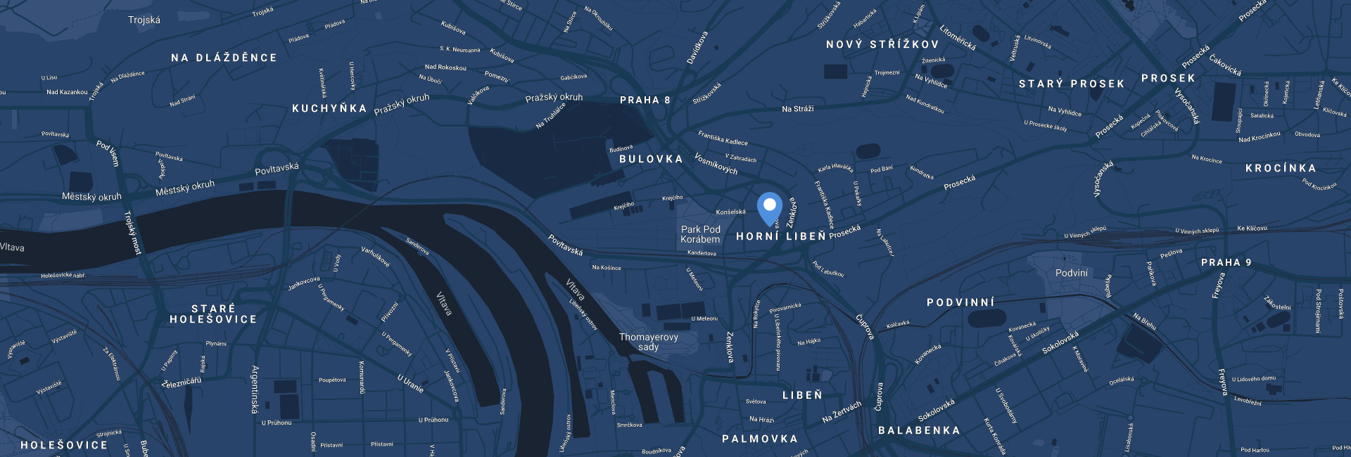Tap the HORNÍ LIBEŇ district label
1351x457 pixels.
tap(780, 237)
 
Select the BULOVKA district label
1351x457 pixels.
tap(651, 160)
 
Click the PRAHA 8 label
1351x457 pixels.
tap(645, 101)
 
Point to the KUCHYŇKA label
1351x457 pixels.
tap(329, 109)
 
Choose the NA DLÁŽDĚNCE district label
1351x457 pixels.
tap(224, 58)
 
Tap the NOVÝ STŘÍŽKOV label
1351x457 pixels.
tap(882, 45)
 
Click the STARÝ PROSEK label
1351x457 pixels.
tap(1071, 84)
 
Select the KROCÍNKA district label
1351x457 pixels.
tap(1280, 169)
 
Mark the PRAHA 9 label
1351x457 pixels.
tap(1226, 263)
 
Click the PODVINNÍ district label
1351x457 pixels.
tap(960, 303)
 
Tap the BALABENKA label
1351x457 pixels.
tap(919, 430)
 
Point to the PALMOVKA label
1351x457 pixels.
tap(759, 439)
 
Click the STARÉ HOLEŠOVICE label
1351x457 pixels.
tap(213, 314)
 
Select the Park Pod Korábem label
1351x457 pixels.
tap(700, 234)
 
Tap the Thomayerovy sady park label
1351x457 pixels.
tap(648, 342)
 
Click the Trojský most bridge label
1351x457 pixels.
tap(133, 232)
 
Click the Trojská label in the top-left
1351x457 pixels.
tap(144, 20)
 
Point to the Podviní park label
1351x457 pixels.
tap(1071, 273)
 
